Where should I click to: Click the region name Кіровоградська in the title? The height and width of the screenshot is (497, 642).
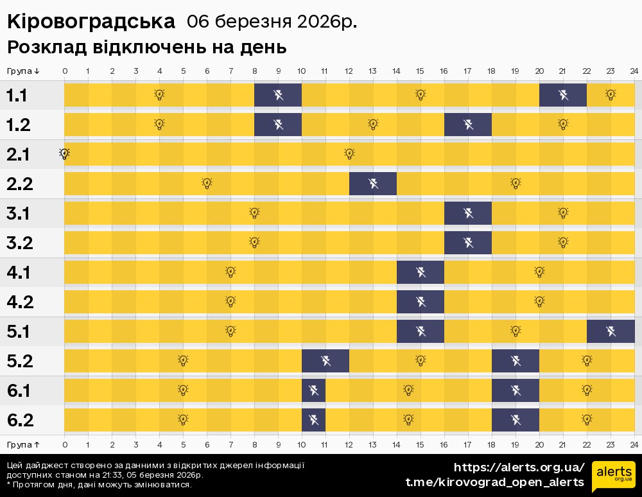tap(91, 22)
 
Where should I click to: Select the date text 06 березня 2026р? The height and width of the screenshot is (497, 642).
tap(272, 22)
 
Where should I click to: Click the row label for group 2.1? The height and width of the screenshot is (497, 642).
tap(19, 155)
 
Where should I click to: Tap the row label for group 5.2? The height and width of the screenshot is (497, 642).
tap(19, 362)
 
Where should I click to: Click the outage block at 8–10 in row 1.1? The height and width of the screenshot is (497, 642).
tap(278, 95)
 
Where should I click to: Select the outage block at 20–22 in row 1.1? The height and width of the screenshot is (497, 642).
tap(563, 95)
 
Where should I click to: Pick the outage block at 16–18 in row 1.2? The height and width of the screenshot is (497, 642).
tap(468, 125)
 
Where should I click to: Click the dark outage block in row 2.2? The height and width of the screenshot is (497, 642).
tap(373, 184)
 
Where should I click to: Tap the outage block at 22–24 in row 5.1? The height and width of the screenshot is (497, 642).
tap(611, 331)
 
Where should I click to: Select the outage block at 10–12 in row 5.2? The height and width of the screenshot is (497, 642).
tap(325, 361)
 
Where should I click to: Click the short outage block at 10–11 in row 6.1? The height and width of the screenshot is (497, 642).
tap(314, 390)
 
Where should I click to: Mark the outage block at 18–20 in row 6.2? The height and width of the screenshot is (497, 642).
tap(516, 420)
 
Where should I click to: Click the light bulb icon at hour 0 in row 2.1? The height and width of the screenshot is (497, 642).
tap(64, 153)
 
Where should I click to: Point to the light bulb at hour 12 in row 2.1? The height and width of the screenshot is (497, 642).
tap(349, 153)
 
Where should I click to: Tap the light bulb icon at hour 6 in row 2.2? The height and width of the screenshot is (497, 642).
tap(207, 183)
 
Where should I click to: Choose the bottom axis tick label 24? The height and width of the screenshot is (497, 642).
tap(634, 444)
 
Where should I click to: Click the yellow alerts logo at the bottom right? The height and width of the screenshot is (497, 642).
tap(614, 475)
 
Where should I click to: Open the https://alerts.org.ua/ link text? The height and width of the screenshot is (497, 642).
tap(519, 467)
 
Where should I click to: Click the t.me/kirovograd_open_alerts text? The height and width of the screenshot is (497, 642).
tap(494, 482)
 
